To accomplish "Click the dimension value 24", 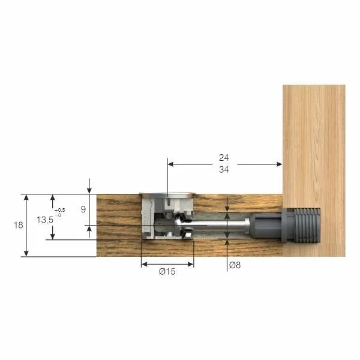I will click(224, 158).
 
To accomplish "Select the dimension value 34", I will click(224, 170).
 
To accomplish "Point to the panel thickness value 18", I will click(18, 226).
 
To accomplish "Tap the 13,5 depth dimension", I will click(44, 220).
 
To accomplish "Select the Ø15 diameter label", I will click(167, 272).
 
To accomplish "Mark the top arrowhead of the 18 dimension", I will click(26, 197).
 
